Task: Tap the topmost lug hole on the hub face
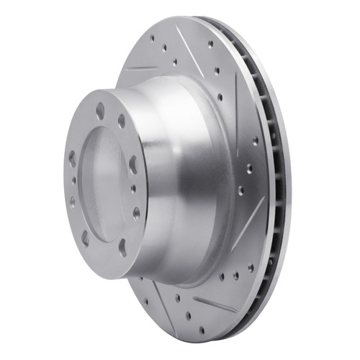[x=100, y=108]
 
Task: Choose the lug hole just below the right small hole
[x=136, y=213]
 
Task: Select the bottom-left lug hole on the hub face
[x=86, y=235]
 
